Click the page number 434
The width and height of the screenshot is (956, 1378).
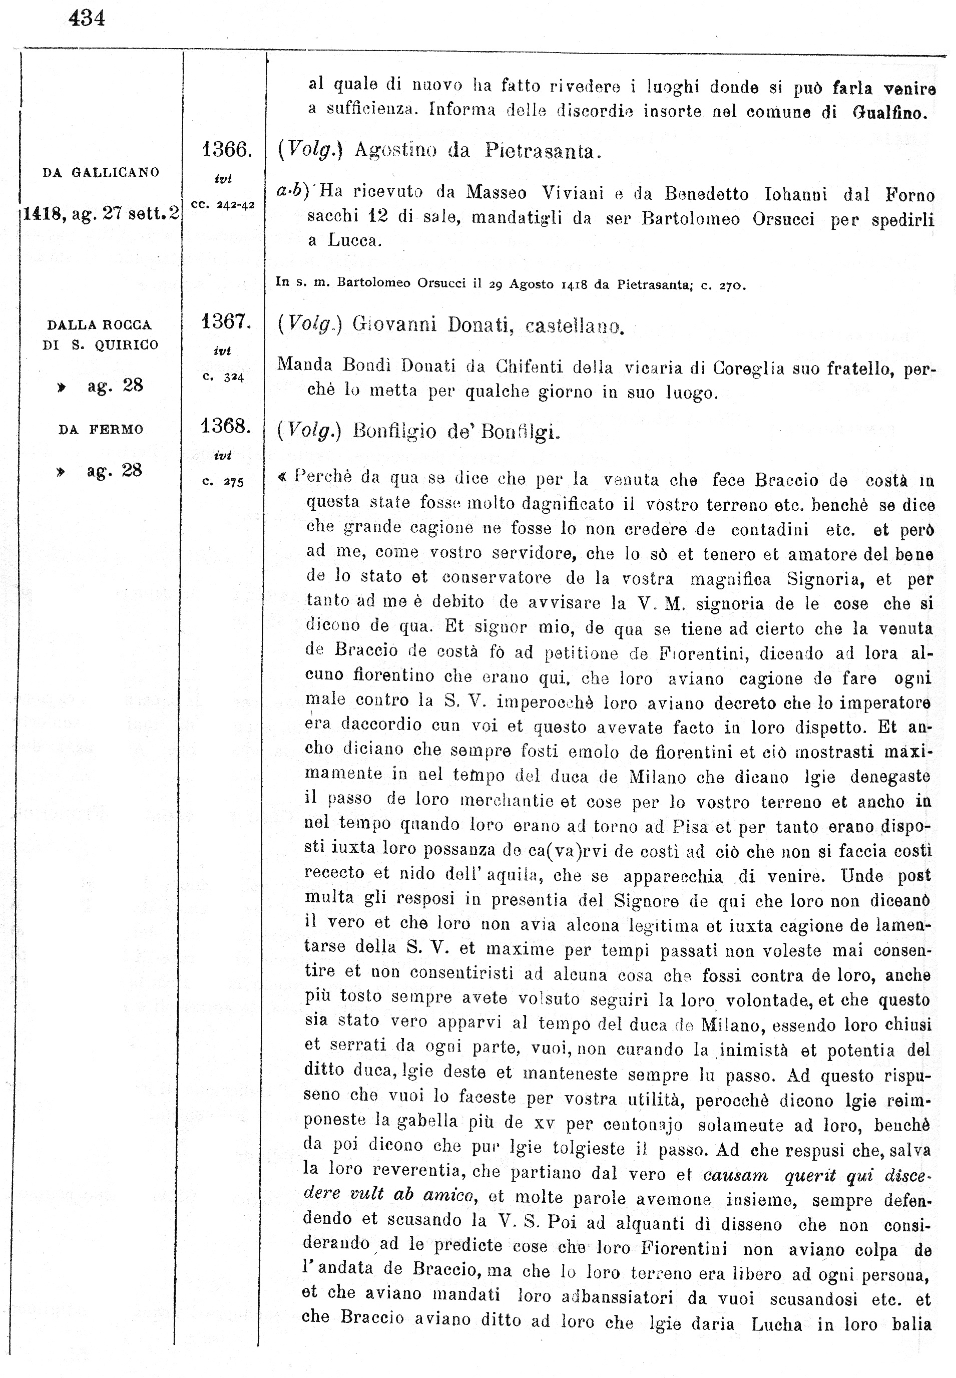coord(87,19)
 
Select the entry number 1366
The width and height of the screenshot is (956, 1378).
coord(226,149)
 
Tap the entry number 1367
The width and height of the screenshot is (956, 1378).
coord(225,322)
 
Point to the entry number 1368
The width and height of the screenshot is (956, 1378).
coord(225,426)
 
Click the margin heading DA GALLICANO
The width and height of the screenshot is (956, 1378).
coord(101,173)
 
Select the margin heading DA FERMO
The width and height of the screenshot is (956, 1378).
coord(101,430)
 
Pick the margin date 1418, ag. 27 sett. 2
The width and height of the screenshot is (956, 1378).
coord(101,213)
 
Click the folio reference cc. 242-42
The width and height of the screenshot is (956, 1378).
coord(223,205)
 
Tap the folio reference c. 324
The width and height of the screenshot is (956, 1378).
coord(223,378)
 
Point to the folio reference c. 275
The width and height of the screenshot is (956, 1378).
coord(223,482)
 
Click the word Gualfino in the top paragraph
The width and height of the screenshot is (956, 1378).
coord(890,113)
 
